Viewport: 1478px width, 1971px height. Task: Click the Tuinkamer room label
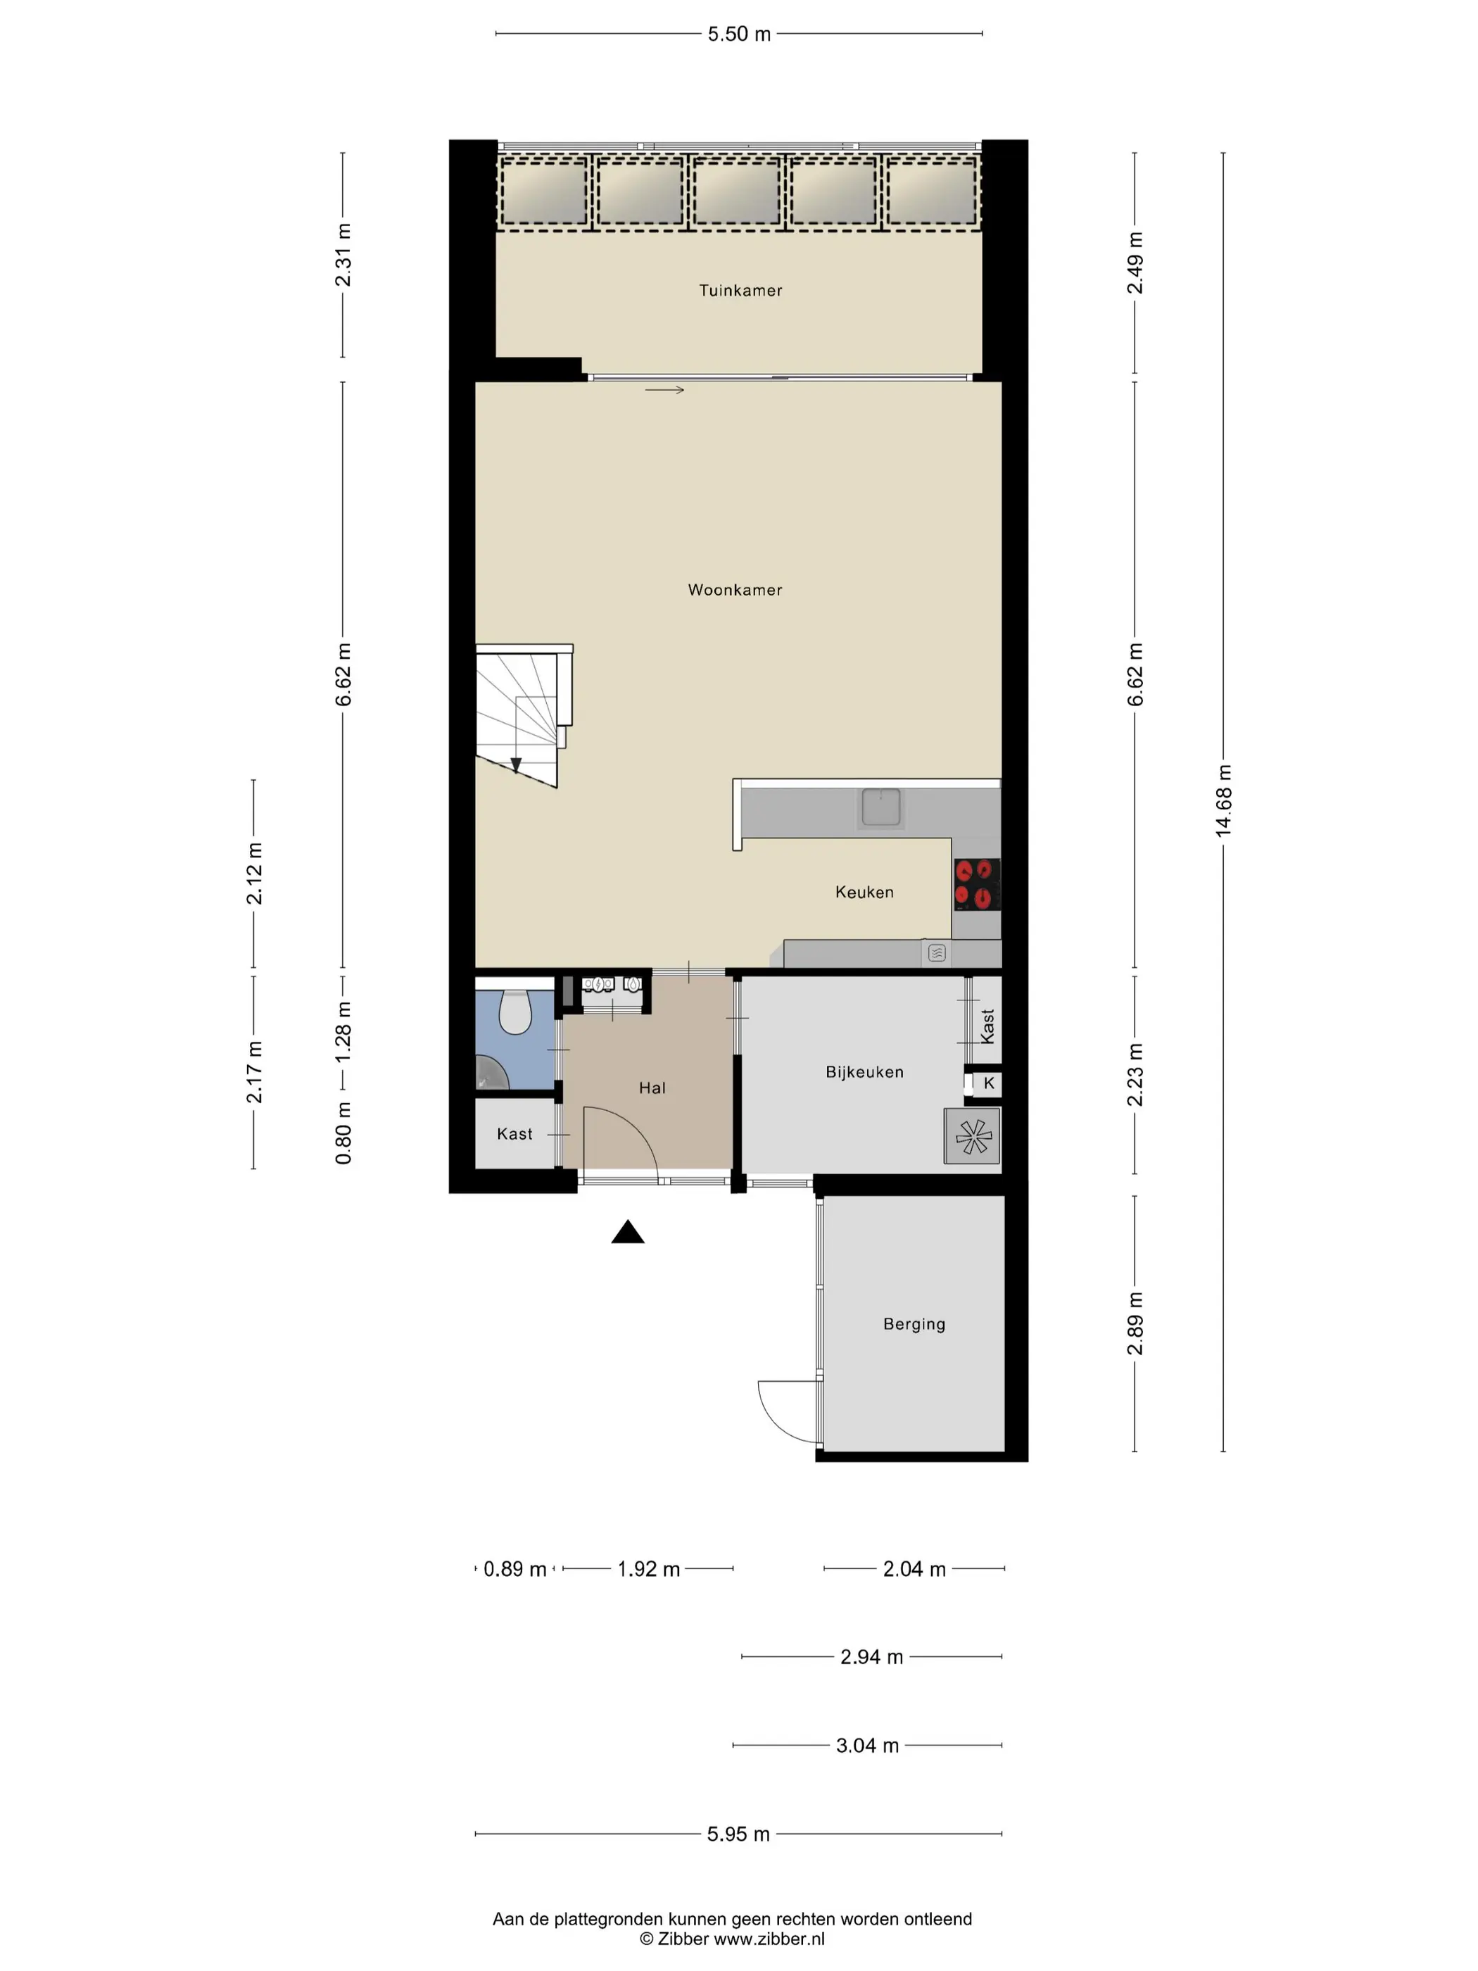click(x=740, y=291)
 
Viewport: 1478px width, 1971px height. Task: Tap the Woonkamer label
click(x=735, y=590)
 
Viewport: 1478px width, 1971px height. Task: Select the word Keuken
click(x=864, y=892)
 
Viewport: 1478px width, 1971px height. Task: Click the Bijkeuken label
click(x=864, y=1072)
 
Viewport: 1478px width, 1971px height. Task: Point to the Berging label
click(x=914, y=1324)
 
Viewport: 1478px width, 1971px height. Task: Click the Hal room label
click(x=652, y=1088)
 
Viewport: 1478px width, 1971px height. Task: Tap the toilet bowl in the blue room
click(x=515, y=1012)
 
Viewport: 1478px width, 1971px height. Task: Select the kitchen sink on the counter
click(x=880, y=807)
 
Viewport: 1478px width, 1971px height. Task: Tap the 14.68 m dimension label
click(x=1223, y=800)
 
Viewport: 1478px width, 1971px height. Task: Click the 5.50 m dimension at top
click(x=740, y=34)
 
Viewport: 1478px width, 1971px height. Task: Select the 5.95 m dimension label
click(x=738, y=1834)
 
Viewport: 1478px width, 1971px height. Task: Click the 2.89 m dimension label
click(x=1134, y=1323)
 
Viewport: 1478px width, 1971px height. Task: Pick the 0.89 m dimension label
click(x=515, y=1569)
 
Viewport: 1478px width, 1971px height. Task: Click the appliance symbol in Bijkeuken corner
click(x=972, y=1136)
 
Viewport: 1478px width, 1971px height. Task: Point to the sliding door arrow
click(x=664, y=390)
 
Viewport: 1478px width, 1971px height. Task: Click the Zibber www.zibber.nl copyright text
click(x=733, y=1939)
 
